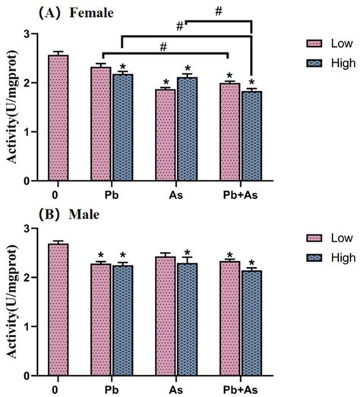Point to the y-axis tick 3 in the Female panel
click(x=28, y=33)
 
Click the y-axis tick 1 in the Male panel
click(x=28, y=326)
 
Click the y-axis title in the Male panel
click(x=10, y=302)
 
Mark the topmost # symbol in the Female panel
click(x=218, y=11)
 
